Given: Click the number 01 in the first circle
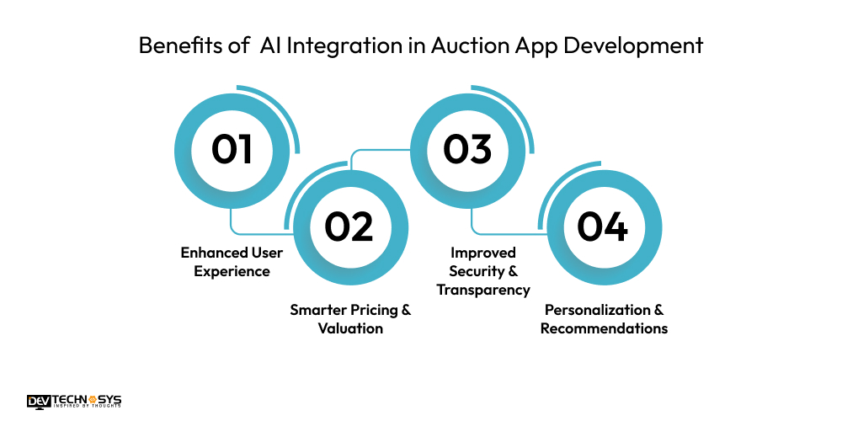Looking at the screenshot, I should coord(232,149).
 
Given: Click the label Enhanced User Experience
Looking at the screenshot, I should coord(232,262).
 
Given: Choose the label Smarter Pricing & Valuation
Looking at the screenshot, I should coord(350,319).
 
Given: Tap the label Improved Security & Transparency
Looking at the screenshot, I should coord(482,271).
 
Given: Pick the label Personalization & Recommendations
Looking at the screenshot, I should coord(604,319).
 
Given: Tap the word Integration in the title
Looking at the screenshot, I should coord(346,45).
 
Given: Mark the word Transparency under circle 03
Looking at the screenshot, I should coord(482,290).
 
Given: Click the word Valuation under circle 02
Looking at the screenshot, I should coord(350,328).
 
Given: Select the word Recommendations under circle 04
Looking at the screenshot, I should coord(604,328).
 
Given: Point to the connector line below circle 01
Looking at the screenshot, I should coord(253,232).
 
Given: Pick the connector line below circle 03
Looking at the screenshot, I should coord(497,232).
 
